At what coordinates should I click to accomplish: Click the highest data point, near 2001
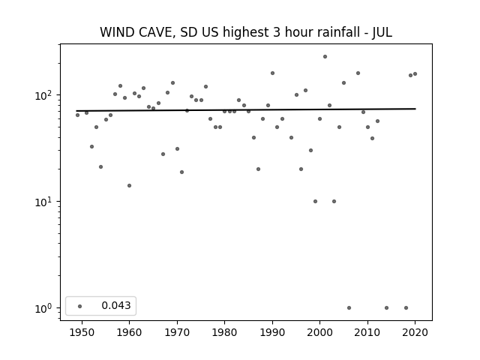click(325, 57)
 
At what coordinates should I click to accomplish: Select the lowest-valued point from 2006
click(349, 308)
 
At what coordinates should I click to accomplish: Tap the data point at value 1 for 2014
click(387, 308)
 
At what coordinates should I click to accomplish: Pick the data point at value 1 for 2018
click(406, 308)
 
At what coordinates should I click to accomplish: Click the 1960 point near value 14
click(130, 185)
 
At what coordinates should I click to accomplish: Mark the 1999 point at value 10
click(315, 202)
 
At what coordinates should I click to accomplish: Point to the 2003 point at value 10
click(334, 202)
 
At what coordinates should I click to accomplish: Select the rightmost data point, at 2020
click(415, 73)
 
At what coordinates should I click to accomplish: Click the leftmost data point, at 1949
click(77, 115)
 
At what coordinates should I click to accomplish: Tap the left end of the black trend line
click(76, 111)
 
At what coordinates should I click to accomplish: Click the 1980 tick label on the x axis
click(224, 332)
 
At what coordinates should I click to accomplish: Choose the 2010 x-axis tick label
click(367, 332)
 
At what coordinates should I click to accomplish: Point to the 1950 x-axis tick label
click(82, 332)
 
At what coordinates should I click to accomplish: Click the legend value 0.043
click(116, 305)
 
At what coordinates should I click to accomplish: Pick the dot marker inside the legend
click(80, 306)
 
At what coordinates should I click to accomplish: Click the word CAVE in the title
click(155, 32)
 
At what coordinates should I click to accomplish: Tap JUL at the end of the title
click(382, 32)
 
